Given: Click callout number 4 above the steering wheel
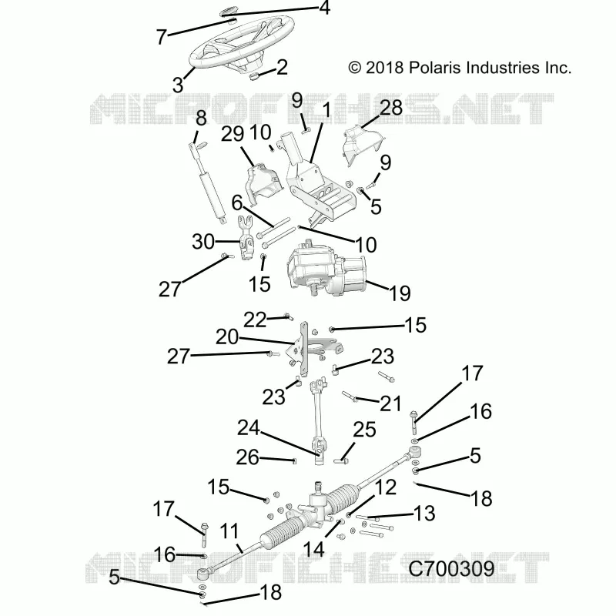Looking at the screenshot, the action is [x=324, y=8].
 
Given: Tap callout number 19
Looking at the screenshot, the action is [x=400, y=293].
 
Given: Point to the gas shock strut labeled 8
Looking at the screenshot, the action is [x=207, y=181].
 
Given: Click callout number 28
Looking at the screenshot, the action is [x=391, y=108].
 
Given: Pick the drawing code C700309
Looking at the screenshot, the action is [x=451, y=568].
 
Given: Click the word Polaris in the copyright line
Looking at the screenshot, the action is [x=434, y=68].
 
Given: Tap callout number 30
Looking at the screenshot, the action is [x=203, y=242].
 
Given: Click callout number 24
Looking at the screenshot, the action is [x=248, y=428].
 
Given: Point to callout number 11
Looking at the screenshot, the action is [x=229, y=531].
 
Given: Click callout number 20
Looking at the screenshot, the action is [x=227, y=337].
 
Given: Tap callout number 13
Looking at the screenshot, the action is [x=425, y=514].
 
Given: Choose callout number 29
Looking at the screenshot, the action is [x=233, y=134].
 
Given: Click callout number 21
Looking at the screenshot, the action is [x=390, y=403].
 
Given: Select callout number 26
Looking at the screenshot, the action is [x=247, y=457].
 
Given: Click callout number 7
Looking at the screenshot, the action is [x=162, y=37].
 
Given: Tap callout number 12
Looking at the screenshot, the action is [x=386, y=487].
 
